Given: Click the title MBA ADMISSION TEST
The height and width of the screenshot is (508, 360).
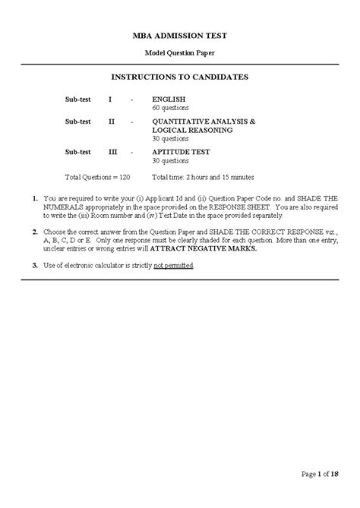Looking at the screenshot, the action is [x=180, y=36].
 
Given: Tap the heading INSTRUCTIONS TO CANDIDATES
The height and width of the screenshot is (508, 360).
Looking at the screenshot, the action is [x=180, y=77].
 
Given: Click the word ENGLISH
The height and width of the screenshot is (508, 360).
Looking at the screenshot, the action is [x=169, y=99].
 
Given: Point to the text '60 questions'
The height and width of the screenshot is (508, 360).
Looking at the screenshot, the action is [x=169, y=109].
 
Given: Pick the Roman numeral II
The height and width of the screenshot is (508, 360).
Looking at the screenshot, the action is [x=111, y=121].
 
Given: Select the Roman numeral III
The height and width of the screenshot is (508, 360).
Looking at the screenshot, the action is [x=112, y=152].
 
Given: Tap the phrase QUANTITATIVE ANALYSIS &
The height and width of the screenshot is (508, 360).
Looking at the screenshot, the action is [x=204, y=121].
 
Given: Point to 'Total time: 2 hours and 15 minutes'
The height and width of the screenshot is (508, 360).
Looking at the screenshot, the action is [x=203, y=177].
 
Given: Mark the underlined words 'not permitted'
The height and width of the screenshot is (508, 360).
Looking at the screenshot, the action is [x=173, y=265].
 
